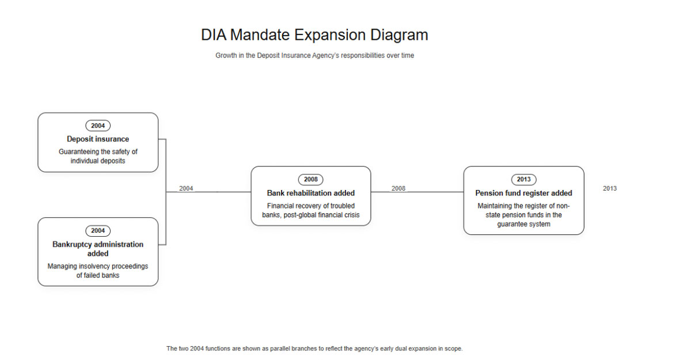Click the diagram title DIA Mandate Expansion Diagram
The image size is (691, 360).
pyautogui.click(x=314, y=35)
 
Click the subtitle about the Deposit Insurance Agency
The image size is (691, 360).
pyautogui.click(x=314, y=55)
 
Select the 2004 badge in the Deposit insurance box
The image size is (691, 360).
pyautogui.click(x=98, y=126)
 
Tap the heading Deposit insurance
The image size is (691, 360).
pyautogui.click(x=98, y=139)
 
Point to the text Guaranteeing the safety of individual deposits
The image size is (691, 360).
pyautogui.click(x=98, y=156)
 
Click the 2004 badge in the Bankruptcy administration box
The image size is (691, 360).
pyautogui.click(x=98, y=231)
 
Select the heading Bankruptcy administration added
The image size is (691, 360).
pyautogui.click(x=98, y=249)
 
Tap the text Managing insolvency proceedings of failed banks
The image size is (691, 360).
pyautogui.click(x=98, y=271)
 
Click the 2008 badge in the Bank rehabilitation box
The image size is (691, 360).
pyautogui.click(x=310, y=180)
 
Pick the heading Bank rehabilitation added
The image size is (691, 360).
pyautogui.click(x=310, y=193)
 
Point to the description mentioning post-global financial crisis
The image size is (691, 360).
pyautogui.click(x=310, y=210)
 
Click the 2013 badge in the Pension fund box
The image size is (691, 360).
pyautogui.click(x=524, y=180)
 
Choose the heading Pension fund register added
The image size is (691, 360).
pyautogui.click(x=524, y=193)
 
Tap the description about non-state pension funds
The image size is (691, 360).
pyautogui.click(x=524, y=215)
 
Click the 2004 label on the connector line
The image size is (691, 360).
pyautogui.click(x=186, y=188)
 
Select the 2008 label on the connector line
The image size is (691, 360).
pyautogui.click(x=398, y=188)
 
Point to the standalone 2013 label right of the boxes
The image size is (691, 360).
pyautogui.click(x=610, y=188)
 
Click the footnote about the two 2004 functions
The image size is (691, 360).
pyautogui.click(x=314, y=348)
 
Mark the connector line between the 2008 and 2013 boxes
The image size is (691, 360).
pyautogui.click(x=417, y=192)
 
